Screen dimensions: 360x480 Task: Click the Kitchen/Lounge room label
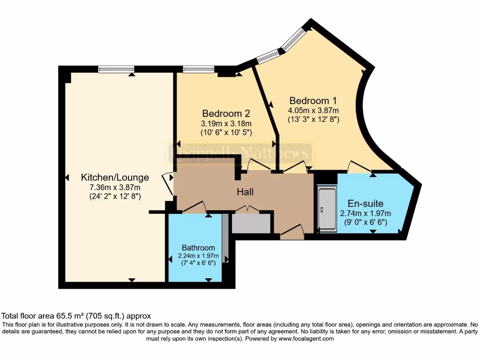coord(115,178)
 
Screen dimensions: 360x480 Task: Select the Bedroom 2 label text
coord(226,113)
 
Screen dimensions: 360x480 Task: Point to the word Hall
coord(245,192)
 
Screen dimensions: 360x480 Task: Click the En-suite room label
coord(365,203)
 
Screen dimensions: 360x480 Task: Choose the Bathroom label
coord(198,247)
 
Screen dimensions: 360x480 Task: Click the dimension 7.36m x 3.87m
coord(115,187)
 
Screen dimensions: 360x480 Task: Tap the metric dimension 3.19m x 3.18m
coord(226,123)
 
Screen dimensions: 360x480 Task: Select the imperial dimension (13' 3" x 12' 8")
coord(313,119)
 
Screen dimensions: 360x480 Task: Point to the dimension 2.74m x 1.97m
coord(365,213)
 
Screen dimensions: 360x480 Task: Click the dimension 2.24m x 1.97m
coord(198,256)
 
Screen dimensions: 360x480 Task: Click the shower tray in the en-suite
coord(327,208)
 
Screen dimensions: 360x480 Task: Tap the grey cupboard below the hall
coord(251,223)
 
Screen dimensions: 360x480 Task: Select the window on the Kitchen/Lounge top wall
coord(116,69)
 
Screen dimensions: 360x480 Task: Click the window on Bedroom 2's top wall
coord(198,69)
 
